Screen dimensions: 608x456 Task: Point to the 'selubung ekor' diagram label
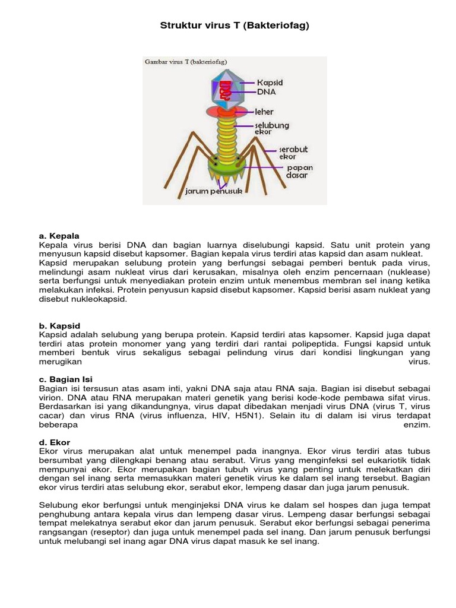pos(271,128)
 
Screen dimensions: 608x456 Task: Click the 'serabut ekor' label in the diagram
pos(293,153)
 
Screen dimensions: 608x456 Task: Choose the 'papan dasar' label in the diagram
pos(300,172)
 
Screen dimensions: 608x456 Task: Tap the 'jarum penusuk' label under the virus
pos(214,192)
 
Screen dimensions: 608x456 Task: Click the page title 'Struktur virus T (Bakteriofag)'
pos(235,26)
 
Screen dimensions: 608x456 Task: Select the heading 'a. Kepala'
pos(59,236)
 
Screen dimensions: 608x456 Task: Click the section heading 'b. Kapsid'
pos(59,326)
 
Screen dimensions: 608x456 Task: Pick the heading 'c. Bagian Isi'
pos(66,379)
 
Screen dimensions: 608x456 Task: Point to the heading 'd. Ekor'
pos(55,442)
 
